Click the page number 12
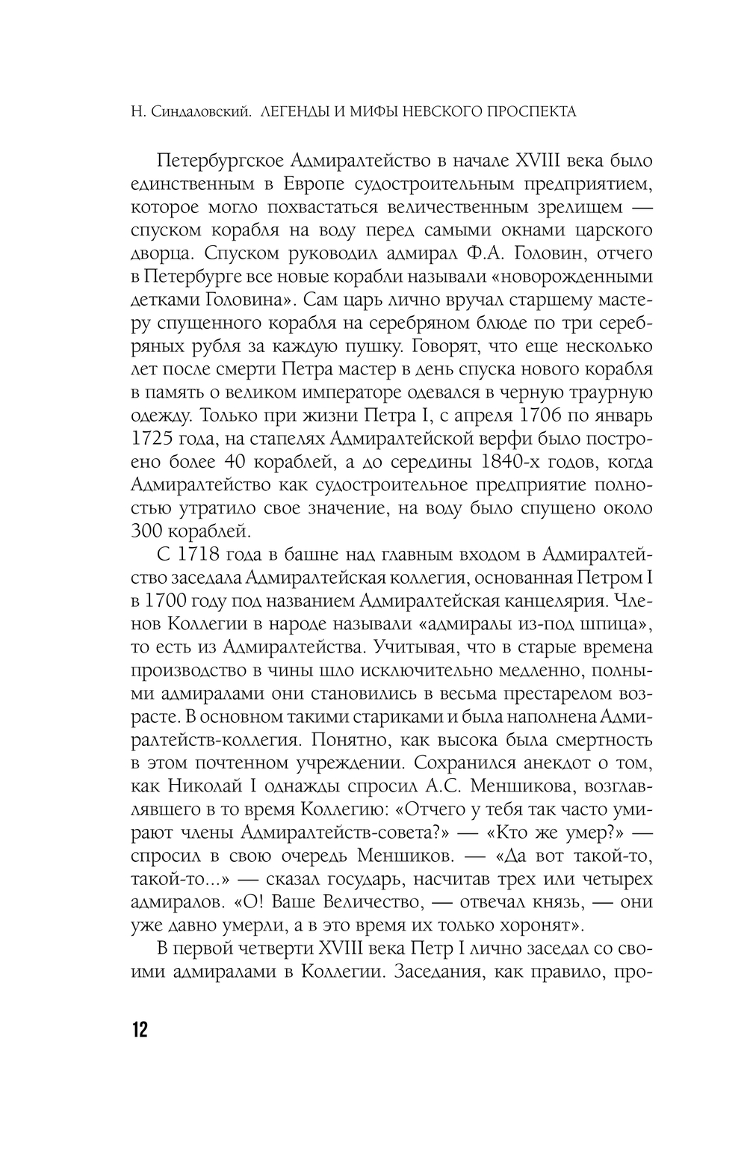point(140,1029)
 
